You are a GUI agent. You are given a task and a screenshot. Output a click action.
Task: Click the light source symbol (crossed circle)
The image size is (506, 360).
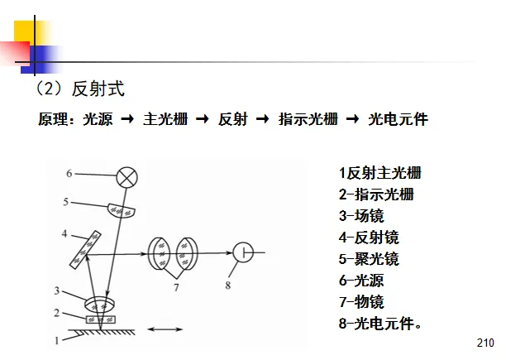click(126, 176)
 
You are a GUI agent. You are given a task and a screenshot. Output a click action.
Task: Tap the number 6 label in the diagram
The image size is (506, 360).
click(69, 174)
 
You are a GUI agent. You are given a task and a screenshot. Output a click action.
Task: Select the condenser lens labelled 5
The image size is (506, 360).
click(122, 210)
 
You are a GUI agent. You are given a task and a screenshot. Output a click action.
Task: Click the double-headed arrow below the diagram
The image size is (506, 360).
click(165, 330)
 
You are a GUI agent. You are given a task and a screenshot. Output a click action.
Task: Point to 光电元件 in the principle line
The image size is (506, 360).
click(399, 119)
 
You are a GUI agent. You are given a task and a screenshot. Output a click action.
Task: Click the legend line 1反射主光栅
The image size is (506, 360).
click(379, 174)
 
